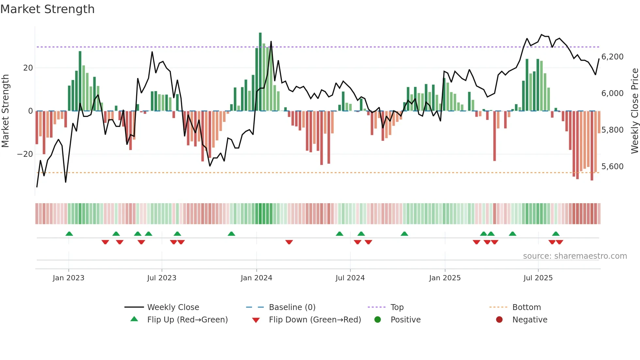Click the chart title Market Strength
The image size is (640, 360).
(47, 9)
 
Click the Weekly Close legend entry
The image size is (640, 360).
(173, 307)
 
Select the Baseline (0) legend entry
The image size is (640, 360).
(292, 307)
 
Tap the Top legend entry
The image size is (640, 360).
(397, 307)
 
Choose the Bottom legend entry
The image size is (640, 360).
(526, 307)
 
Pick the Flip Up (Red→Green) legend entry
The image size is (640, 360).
(187, 319)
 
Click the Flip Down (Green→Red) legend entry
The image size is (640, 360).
(315, 319)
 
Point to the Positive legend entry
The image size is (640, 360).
(405, 319)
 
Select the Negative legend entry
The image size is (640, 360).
(530, 319)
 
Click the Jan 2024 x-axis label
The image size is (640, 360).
(256, 278)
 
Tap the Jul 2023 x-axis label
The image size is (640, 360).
(162, 278)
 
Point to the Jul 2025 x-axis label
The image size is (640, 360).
(538, 278)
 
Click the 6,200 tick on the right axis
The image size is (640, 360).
(612, 57)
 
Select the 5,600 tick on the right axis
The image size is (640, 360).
(612, 167)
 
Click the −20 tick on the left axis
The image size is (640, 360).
(25, 154)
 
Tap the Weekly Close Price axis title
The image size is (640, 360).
(634, 111)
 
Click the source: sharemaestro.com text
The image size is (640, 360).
(575, 256)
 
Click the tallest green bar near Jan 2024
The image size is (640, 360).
(260, 72)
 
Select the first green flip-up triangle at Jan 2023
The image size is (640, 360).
(69, 234)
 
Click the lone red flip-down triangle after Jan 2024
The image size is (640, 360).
(289, 242)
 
